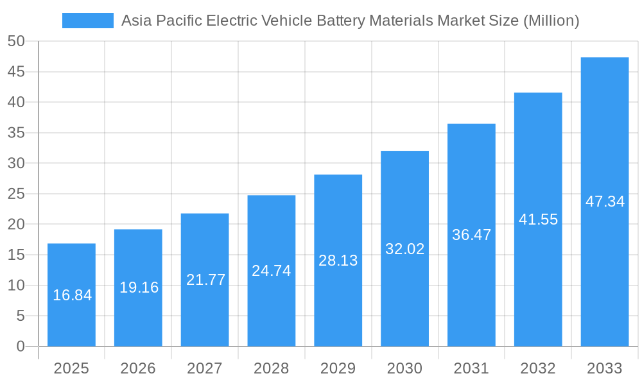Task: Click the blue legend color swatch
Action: [88, 21]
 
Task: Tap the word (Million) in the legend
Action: [551, 21]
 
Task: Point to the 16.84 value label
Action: [72, 295]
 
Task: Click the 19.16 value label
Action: [139, 287]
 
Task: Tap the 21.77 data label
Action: [205, 280]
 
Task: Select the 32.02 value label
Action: [404, 249]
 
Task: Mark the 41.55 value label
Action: [538, 219]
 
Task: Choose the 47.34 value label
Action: [605, 201]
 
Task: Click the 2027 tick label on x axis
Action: [205, 368]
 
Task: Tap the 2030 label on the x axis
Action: [404, 368]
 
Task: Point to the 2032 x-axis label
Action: [538, 368]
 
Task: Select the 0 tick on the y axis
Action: [21, 346]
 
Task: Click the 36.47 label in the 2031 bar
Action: [471, 235]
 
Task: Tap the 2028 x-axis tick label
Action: [272, 368]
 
